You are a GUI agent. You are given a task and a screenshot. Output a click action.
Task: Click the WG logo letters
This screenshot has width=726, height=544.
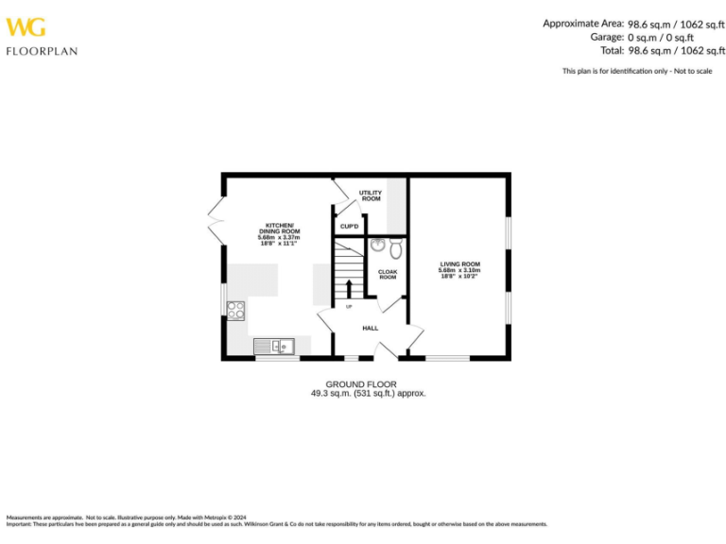click(x=25, y=27)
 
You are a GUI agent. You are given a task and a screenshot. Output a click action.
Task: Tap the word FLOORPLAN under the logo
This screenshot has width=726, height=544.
click(x=42, y=51)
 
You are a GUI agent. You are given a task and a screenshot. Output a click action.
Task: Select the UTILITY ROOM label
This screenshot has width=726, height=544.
click(x=371, y=195)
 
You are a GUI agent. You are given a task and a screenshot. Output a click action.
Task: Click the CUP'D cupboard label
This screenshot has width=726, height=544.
click(x=349, y=227)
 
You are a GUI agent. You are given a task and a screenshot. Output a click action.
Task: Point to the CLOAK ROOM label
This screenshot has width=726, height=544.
click(x=388, y=275)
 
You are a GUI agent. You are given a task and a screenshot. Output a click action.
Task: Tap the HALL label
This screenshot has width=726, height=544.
click(x=371, y=328)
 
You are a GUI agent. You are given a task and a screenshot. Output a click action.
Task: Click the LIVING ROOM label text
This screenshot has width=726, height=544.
click(x=459, y=263)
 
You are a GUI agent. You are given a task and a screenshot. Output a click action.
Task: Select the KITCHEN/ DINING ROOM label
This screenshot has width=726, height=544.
click(x=279, y=228)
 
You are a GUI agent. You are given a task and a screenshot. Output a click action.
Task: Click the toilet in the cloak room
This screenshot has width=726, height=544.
click(x=395, y=248)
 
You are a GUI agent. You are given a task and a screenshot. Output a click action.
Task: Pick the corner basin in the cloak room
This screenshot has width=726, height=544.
click(x=377, y=246)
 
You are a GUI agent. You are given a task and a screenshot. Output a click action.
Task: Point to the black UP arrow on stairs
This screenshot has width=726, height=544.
click(x=349, y=289)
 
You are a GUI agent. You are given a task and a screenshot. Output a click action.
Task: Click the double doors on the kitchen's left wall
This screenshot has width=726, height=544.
click(x=216, y=221)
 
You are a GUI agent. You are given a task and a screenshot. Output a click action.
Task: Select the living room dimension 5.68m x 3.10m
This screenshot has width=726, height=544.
click(x=459, y=271)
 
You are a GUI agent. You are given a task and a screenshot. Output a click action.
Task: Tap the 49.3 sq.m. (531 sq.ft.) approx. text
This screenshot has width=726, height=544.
click(x=369, y=393)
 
